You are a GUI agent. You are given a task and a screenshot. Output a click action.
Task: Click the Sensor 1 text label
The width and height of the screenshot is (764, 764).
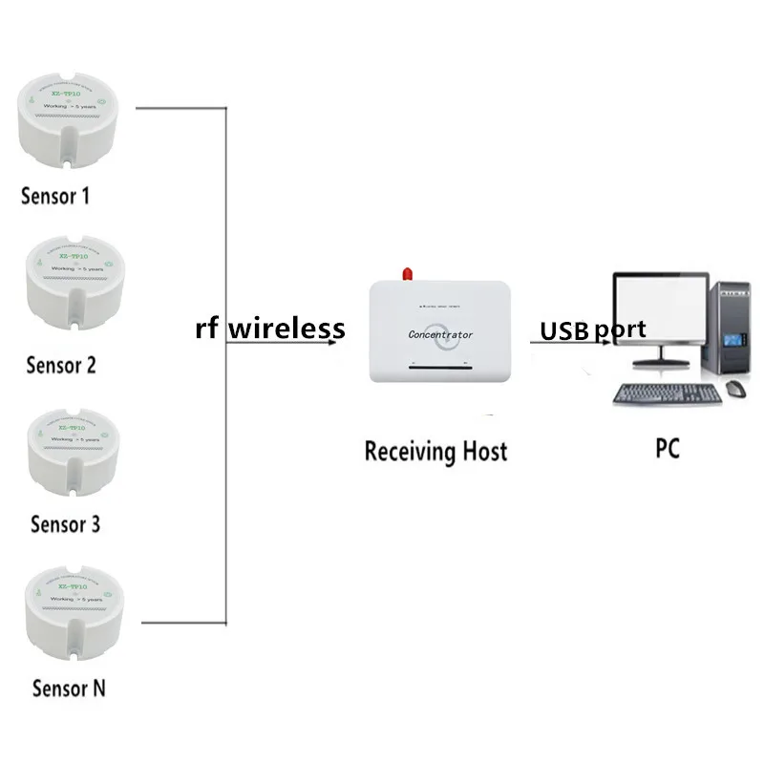coord(54,196)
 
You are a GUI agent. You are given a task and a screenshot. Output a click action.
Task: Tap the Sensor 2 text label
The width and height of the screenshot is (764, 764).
coord(61,364)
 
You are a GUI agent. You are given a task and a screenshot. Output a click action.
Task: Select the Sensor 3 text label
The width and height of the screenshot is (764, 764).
coord(66,523)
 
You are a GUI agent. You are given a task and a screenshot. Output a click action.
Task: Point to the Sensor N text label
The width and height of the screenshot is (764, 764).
coord(69,688)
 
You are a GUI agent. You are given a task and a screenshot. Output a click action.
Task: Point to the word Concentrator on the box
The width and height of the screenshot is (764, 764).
coord(440,334)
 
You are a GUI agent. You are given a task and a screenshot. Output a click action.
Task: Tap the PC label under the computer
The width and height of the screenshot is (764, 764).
coord(668,447)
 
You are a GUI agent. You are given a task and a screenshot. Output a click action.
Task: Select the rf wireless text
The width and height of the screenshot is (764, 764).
coord(269,329)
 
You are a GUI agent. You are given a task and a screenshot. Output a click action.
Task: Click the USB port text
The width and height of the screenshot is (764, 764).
coord(593,330)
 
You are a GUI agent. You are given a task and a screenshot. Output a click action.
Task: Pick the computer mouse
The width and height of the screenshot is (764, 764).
coord(734,389)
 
